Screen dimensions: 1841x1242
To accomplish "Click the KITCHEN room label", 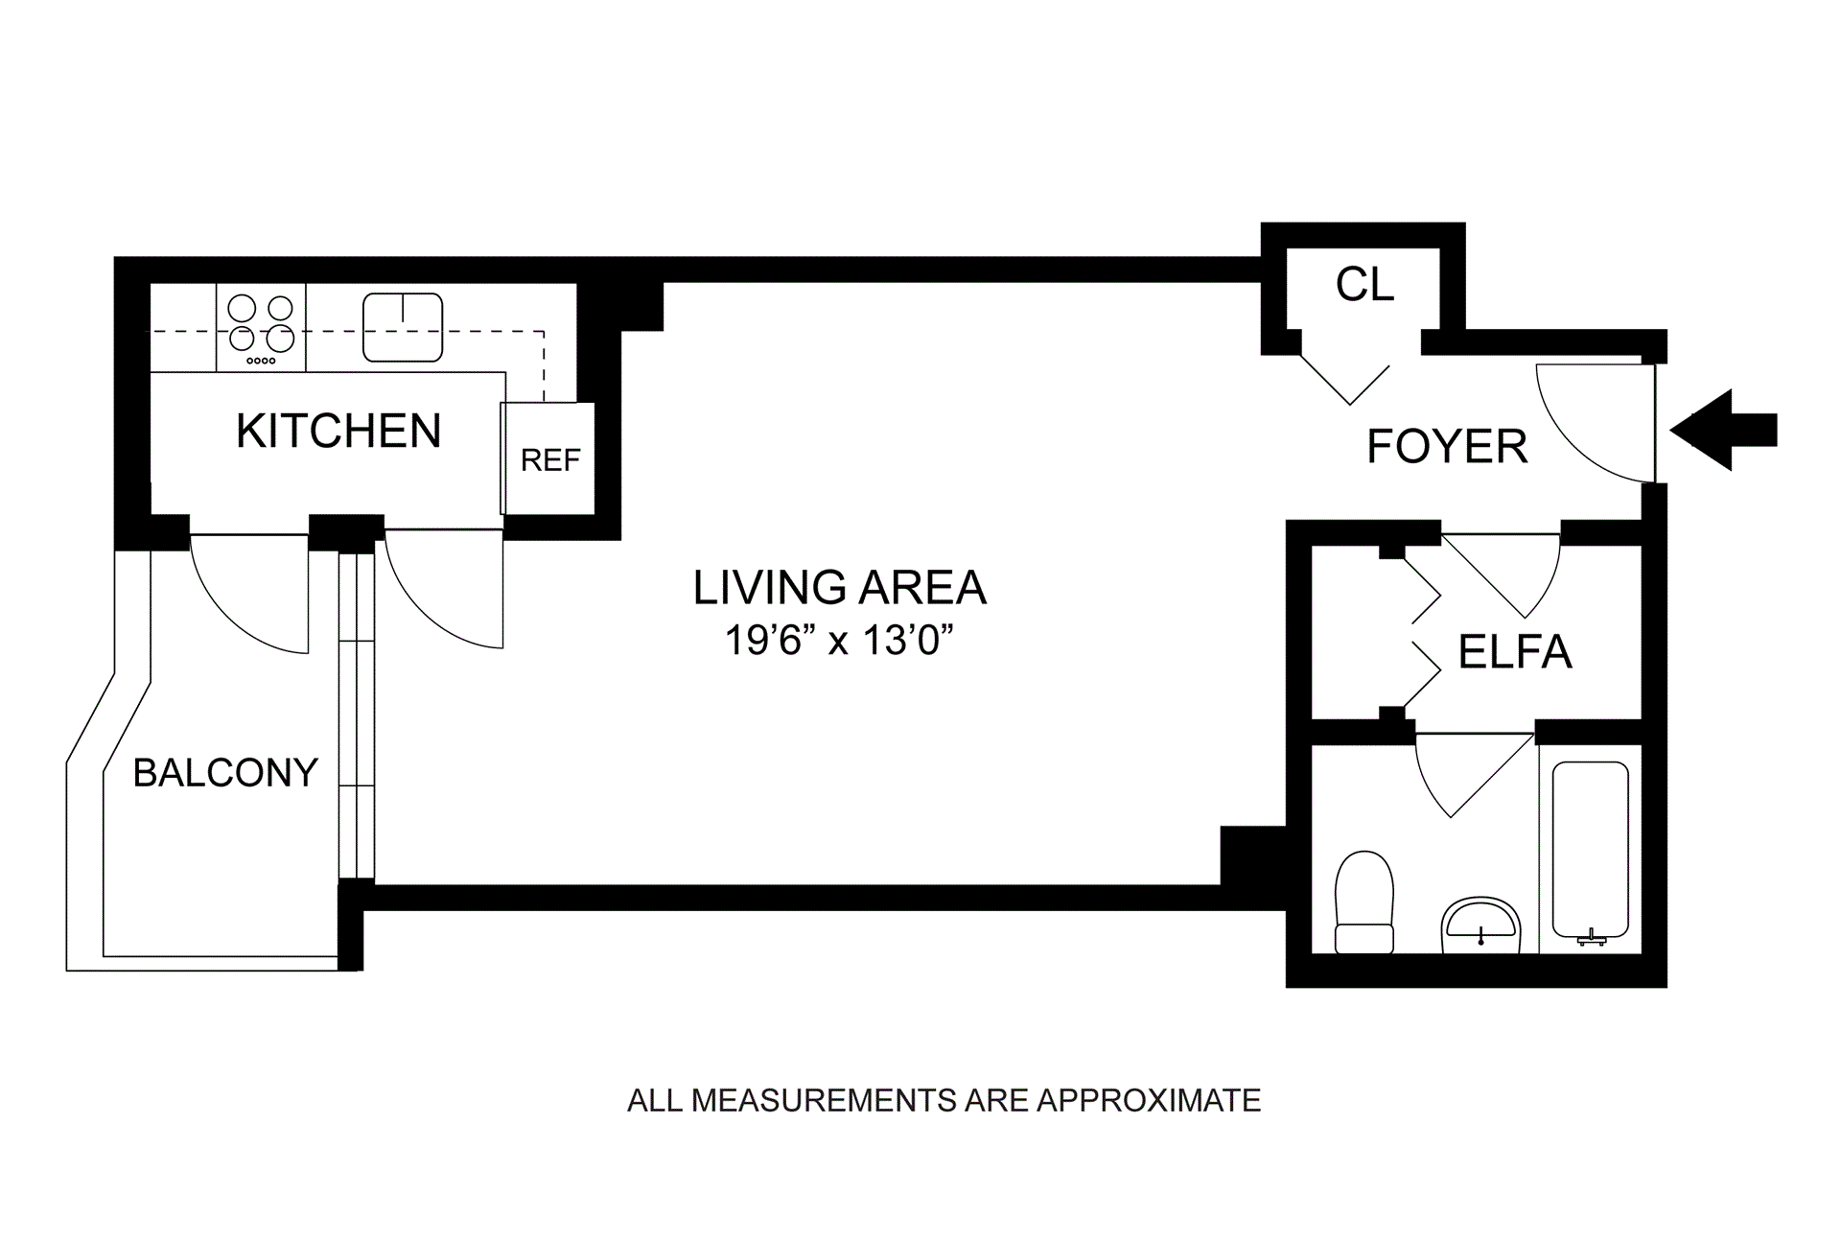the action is coord(338,431).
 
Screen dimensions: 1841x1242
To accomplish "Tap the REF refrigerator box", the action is coord(549,458).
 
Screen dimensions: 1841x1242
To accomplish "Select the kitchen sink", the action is coord(403,327).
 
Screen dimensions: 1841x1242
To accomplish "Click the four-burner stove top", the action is coord(261,327).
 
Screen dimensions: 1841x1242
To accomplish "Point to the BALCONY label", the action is coord(225,772).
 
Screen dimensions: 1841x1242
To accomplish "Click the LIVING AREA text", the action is coord(840,588).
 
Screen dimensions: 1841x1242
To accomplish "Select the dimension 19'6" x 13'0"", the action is coord(840,641).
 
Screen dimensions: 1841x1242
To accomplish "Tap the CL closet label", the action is coord(1364,284).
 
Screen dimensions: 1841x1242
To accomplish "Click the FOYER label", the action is coord(1447,446).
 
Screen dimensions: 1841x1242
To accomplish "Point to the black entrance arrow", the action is coord(1724,430).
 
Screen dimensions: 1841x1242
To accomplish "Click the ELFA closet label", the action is coord(1515,652).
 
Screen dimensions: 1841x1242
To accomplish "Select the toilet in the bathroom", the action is coord(1364,902).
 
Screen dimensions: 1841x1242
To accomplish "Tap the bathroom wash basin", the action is coord(1480,926).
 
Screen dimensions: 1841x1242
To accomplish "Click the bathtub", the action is coord(1590,850).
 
